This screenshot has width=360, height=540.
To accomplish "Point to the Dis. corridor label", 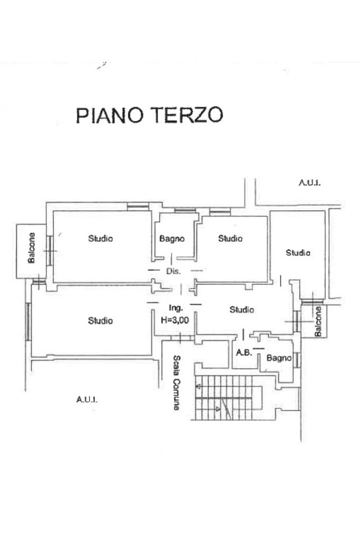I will (173, 272).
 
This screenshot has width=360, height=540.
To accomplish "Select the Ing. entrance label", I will (176, 308).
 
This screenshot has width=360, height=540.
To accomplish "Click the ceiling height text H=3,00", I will (175, 320).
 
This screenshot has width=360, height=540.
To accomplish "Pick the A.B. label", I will (243, 353).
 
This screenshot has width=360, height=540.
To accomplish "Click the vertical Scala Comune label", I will (177, 382).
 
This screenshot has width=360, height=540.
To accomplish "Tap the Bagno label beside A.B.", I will (279, 358).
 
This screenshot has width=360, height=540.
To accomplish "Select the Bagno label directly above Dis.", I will (172, 238).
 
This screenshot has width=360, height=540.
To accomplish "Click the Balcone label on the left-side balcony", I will (32, 249).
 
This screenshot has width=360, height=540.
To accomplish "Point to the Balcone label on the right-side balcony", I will (318, 321).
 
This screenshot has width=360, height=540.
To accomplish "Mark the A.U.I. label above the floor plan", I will (310, 184).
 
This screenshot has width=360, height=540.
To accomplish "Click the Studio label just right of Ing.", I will (242, 310).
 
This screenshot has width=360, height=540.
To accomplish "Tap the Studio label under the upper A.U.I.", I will (298, 253).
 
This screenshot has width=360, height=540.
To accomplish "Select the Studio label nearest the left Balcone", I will (100, 238).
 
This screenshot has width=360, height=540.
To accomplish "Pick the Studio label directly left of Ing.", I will (100, 320).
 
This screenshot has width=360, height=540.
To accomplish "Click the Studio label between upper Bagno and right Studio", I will (230, 238).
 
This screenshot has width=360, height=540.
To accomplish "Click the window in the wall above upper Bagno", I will (182, 211).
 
